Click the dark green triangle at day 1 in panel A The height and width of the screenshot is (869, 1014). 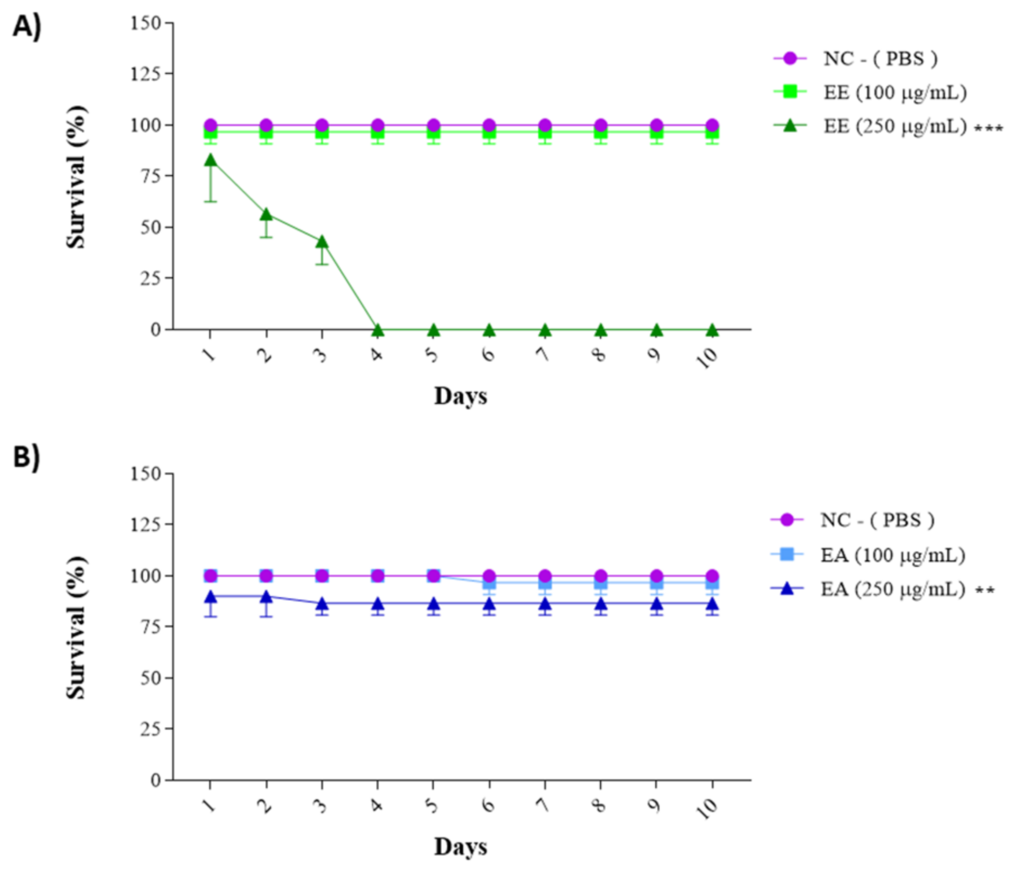pyautogui.click(x=210, y=160)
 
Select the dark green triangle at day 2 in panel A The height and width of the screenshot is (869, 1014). pyautogui.click(x=266, y=214)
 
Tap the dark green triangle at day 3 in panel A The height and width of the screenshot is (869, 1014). pyautogui.click(x=321, y=242)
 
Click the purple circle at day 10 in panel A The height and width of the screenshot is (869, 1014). pyautogui.click(x=712, y=125)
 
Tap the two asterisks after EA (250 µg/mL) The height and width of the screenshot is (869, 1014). pyautogui.click(x=985, y=591)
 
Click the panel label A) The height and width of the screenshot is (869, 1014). pyautogui.click(x=27, y=27)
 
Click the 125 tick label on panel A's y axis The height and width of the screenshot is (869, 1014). pyautogui.click(x=145, y=74)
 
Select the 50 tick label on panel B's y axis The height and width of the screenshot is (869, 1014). pyautogui.click(x=150, y=678)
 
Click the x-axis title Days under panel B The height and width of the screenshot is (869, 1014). pyautogui.click(x=460, y=847)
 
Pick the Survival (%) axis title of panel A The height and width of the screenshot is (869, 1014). pyautogui.click(x=76, y=177)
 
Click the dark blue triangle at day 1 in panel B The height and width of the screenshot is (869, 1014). pyautogui.click(x=210, y=596)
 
